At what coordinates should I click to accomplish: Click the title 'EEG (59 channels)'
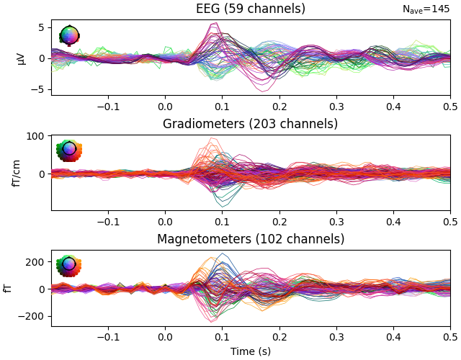(251, 9)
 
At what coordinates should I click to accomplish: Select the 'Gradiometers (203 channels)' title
(251, 124)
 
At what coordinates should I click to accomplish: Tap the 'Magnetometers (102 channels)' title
(251, 239)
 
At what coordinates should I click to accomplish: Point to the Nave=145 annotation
(426, 9)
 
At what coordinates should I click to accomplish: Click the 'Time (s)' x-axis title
(251, 351)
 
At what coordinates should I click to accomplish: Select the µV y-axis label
(20, 58)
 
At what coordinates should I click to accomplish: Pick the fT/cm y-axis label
(16, 173)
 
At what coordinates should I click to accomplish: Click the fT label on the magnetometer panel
(8, 288)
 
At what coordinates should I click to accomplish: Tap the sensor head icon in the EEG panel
(69, 35)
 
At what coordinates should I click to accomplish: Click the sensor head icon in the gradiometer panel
(69, 150)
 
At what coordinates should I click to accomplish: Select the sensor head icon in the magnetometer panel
(69, 265)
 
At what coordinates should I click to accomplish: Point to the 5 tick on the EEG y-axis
(42, 27)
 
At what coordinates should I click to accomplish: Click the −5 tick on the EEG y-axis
(40, 89)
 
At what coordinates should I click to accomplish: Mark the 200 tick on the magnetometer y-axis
(36, 262)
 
